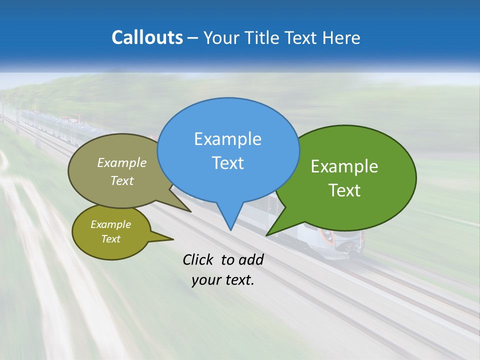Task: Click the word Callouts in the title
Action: click(147, 37)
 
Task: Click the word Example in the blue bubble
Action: click(227, 139)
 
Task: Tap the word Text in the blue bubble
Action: click(227, 163)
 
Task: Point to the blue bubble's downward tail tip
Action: click(230, 229)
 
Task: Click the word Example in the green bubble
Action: click(344, 166)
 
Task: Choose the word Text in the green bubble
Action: click(344, 190)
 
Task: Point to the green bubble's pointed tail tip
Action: click(267, 235)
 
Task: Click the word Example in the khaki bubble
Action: click(122, 163)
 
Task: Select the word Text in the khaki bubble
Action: click(122, 181)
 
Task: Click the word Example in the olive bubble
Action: click(110, 224)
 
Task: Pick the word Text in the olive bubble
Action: click(110, 239)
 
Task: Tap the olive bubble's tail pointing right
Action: click(172, 239)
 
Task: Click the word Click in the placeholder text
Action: click(198, 259)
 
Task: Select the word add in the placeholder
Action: click(251, 259)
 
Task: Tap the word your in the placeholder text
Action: click(204, 280)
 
